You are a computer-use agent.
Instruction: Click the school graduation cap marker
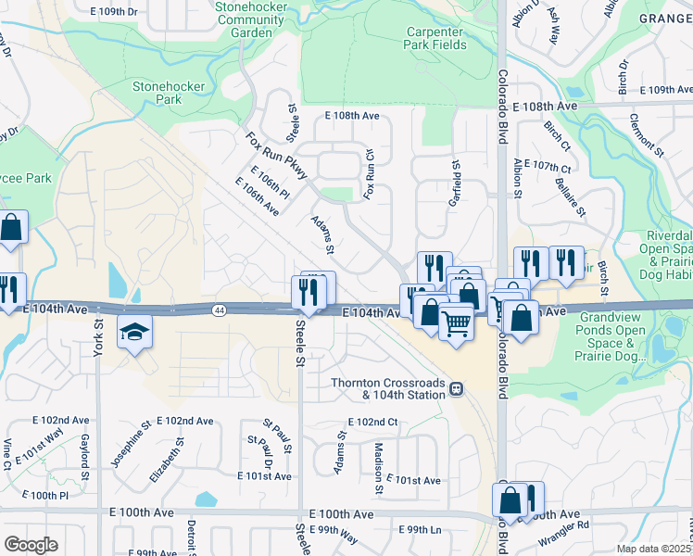(133, 331)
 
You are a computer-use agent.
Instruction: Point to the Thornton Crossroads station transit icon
(457, 388)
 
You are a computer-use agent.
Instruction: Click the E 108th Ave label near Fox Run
(352, 116)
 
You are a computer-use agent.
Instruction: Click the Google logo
(31, 545)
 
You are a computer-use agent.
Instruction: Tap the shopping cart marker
(456, 323)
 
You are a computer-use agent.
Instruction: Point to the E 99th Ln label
(420, 529)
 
